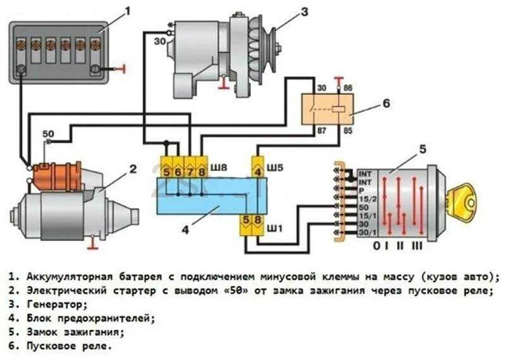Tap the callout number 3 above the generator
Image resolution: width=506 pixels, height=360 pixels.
click(304, 11)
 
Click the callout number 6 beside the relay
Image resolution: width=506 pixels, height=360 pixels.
click(386, 102)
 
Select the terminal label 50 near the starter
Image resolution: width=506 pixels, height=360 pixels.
click(47, 134)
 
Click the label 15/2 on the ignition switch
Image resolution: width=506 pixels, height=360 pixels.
click(365, 199)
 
